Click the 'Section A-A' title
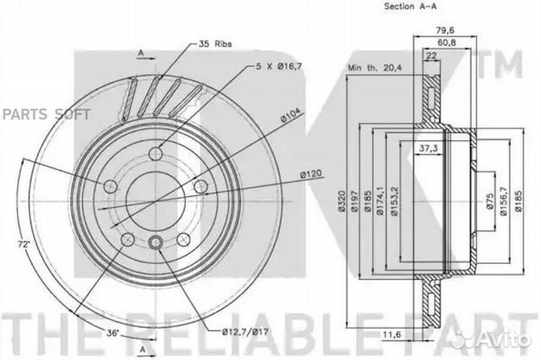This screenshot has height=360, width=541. pos(410,6)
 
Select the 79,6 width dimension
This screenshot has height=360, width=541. pos(445,30)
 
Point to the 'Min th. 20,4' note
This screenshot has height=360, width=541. pos(374,68)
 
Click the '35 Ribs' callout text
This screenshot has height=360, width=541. pos(215,44)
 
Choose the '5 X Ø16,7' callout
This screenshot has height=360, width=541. pos(279,67)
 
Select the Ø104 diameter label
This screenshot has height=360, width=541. pos(291,116)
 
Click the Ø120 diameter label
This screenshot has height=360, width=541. pos(310,174)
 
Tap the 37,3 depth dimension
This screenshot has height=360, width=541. pos(429,148)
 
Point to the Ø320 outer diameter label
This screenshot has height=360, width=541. pos(342,201)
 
